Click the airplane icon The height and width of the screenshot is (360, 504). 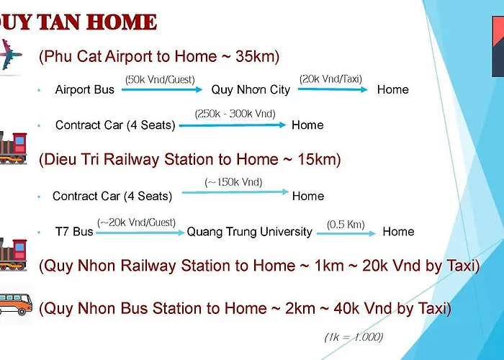click(9, 55)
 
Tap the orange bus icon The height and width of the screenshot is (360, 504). click(15, 304)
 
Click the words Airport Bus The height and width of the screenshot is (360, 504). click(84, 89)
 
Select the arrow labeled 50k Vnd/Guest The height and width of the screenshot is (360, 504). click(162, 90)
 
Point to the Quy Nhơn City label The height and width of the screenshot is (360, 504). click(251, 90)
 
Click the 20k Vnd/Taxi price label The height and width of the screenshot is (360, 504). click(330, 79)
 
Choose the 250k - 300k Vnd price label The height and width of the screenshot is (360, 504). click(235, 114)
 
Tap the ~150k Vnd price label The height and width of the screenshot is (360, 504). click(233, 182)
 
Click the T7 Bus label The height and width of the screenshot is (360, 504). click(74, 231)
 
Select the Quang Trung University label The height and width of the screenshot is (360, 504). click(249, 232)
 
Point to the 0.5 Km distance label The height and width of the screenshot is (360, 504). click(346, 225)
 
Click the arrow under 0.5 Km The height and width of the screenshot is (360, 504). click(346, 234)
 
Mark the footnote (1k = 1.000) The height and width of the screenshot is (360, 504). click(354, 337)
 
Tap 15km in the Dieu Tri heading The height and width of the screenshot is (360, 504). click(317, 159)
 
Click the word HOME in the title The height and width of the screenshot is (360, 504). click(122, 22)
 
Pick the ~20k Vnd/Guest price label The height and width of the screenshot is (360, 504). click(136, 222)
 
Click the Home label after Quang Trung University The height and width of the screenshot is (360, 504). click(398, 232)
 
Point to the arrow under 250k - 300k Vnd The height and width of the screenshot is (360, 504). click(233, 125)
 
